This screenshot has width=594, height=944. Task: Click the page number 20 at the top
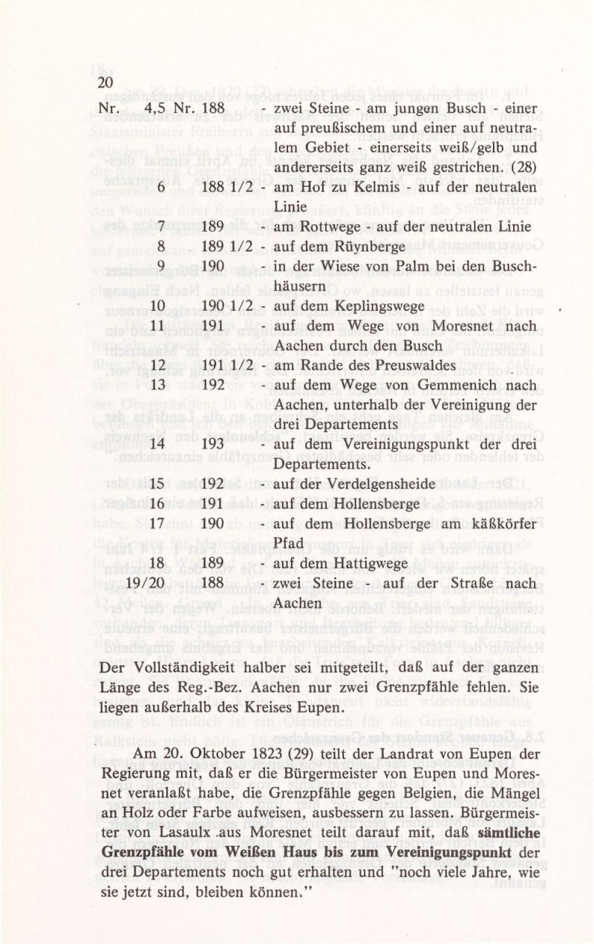105,82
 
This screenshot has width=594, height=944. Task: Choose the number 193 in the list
214,444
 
